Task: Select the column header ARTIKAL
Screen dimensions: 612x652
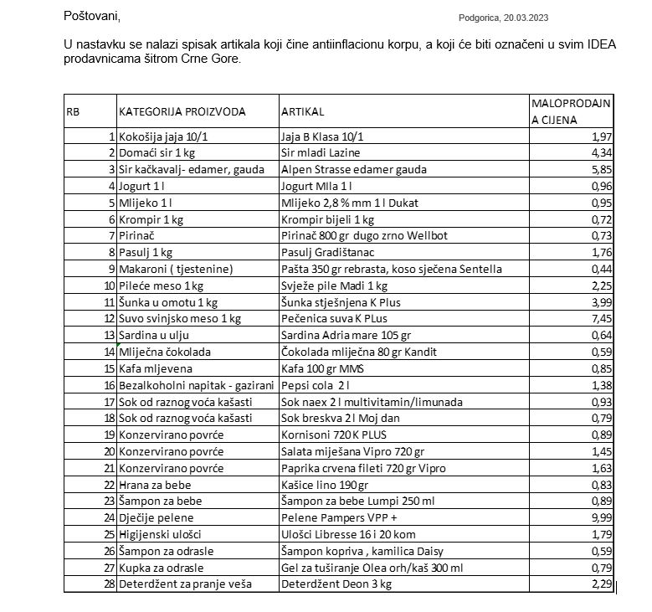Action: [x=302, y=111]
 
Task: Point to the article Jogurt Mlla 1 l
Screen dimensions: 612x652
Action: [x=316, y=186]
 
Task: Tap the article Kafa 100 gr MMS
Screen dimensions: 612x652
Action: [x=318, y=369]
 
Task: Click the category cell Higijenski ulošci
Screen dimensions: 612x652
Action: [x=159, y=535]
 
